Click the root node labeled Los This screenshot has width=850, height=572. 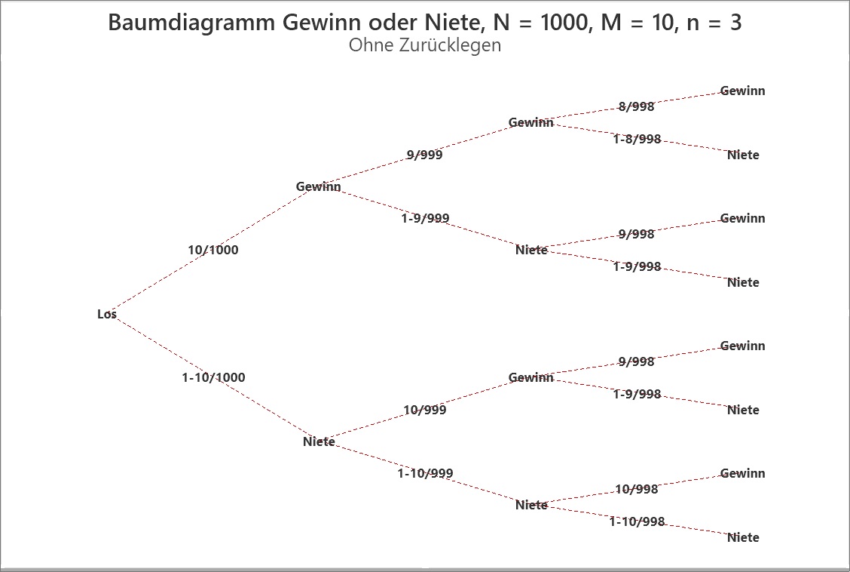[x=107, y=314]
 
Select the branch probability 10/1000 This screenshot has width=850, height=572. [x=213, y=251]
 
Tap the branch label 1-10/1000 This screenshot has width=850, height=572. [x=213, y=378]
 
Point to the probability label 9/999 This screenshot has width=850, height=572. [x=424, y=155]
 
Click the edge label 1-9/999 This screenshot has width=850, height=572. [x=425, y=218]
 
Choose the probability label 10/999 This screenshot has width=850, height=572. [x=425, y=410]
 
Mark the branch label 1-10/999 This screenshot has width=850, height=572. [x=425, y=473]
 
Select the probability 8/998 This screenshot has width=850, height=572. [x=637, y=107]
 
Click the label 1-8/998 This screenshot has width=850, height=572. [x=637, y=139]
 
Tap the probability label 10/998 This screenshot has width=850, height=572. [x=637, y=490]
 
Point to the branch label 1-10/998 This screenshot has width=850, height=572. [x=637, y=521]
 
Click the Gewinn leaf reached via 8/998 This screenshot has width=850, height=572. [x=743, y=91]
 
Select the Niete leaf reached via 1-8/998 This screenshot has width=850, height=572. [x=743, y=155]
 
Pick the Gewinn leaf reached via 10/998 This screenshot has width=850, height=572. [x=743, y=473]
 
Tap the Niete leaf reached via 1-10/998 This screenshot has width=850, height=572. [x=743, y=538]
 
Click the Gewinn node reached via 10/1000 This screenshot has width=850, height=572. [x=318, y=186]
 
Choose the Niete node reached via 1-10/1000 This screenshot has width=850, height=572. [x=319, y=441]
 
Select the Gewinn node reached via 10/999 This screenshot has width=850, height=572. [x=530, y=378]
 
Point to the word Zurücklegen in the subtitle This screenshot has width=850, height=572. [x=450, y=45]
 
